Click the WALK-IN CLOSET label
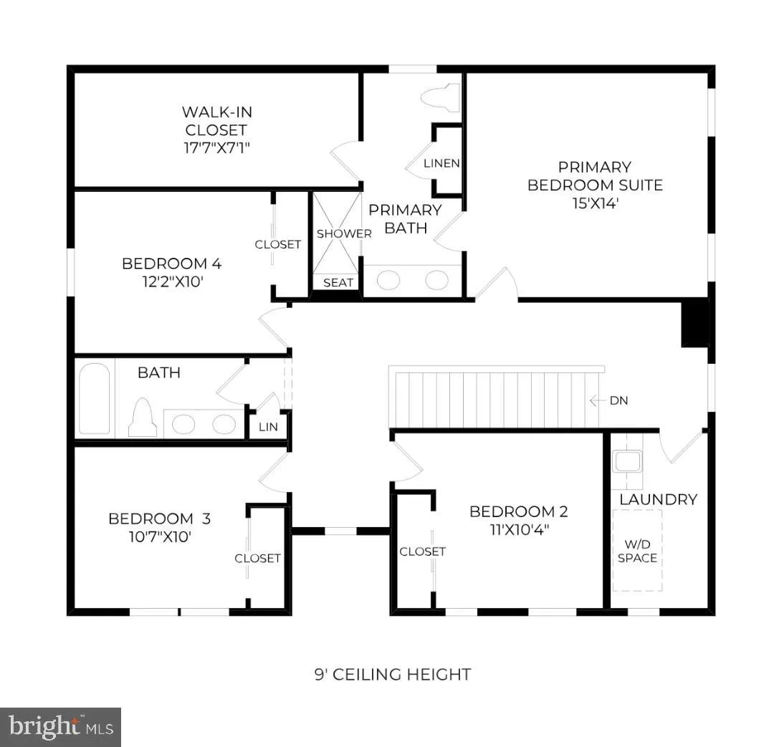[217, 130]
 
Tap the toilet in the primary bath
[440, 97]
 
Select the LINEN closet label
[441, 163]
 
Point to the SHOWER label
[344, 233]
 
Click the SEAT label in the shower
[338, 283]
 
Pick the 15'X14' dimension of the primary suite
[596, 203]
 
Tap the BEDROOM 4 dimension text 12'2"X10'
[173, 281]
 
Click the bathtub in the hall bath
[95, 399]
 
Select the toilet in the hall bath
[143, 418]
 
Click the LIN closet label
[268, 428]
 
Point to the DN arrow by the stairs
[598, 400]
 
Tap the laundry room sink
[627, 462]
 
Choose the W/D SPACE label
[637, 551]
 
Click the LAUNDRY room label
[659, 499]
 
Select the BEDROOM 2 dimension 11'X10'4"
[520, 530]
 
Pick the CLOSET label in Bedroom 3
[258, 559]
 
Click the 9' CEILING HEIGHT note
[393, 675]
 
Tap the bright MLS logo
[61, 727]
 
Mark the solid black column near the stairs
[695, 324]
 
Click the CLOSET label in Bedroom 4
[278, 245]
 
